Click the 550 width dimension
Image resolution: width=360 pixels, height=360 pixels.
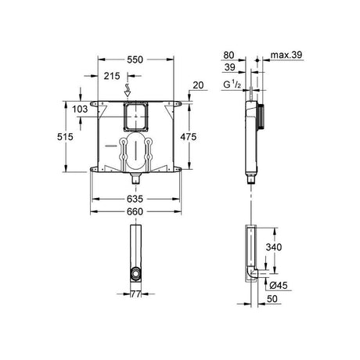tap(135, 59)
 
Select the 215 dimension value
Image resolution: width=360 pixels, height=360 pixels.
tap(112, 76)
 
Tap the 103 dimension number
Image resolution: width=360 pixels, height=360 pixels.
tap(80, 109)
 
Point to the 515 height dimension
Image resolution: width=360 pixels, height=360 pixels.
tap(65, 136)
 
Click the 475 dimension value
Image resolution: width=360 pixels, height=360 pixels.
tap(189, 136)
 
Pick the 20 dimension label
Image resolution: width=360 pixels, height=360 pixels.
tap(198, 85)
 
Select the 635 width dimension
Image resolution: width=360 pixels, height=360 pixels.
tap(135, 199)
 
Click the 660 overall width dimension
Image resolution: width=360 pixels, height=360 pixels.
tap(135, 211)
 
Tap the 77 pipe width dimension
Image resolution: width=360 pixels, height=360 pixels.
tap(135, 294)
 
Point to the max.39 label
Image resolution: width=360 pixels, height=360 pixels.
tap(286, 55)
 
